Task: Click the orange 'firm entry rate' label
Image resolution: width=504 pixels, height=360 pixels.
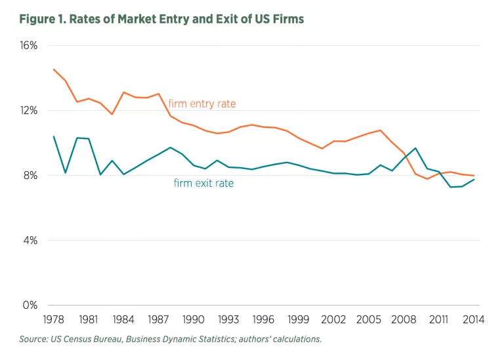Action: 201,104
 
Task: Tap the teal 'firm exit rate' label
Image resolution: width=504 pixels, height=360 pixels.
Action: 203,183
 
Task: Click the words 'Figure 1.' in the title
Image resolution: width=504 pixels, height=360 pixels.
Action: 43,18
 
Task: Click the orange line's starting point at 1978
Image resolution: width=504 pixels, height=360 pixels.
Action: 54,69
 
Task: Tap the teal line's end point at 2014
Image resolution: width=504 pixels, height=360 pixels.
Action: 474,179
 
